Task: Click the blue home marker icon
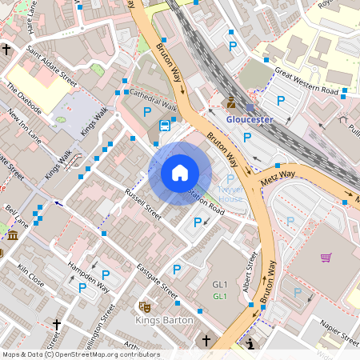(x=180, y=173)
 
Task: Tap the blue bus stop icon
(x=165, y=125)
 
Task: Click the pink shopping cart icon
(x=326, y=257)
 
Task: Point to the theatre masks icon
(x=145, y=306)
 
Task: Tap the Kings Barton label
(x=164, y=320)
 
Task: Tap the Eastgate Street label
(x=157, y=282)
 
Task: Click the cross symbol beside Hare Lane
(x=6, y=50)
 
